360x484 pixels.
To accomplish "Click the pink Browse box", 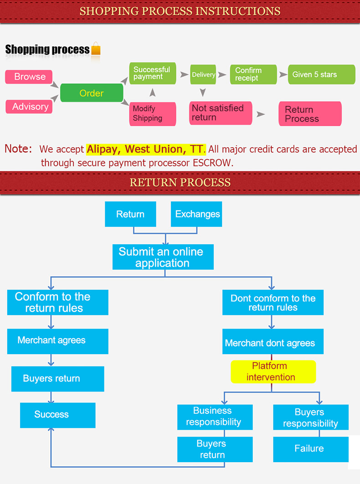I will (29, 77).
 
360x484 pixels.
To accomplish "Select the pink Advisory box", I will (29, 107).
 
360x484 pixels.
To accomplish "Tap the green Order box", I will (92, 93).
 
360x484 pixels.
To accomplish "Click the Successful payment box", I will (152, 73).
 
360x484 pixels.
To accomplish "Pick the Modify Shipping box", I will (153, 114).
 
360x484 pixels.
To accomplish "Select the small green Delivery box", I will (203, 75).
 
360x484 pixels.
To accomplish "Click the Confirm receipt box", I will (253, 74).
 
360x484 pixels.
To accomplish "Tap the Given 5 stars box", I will (321, 74).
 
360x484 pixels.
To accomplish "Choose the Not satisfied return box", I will (221, 113).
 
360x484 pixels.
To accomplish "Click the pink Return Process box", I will (310, 114).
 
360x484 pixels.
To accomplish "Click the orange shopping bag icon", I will (96, 49).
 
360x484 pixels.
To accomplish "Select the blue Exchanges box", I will (196, 214).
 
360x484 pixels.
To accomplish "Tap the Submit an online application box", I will (163, 257).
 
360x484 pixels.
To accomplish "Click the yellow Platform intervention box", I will (273, 371).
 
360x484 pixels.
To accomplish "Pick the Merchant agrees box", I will (57, 341).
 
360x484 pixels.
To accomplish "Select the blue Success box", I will (57, 415).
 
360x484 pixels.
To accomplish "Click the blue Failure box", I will (310, 449).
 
